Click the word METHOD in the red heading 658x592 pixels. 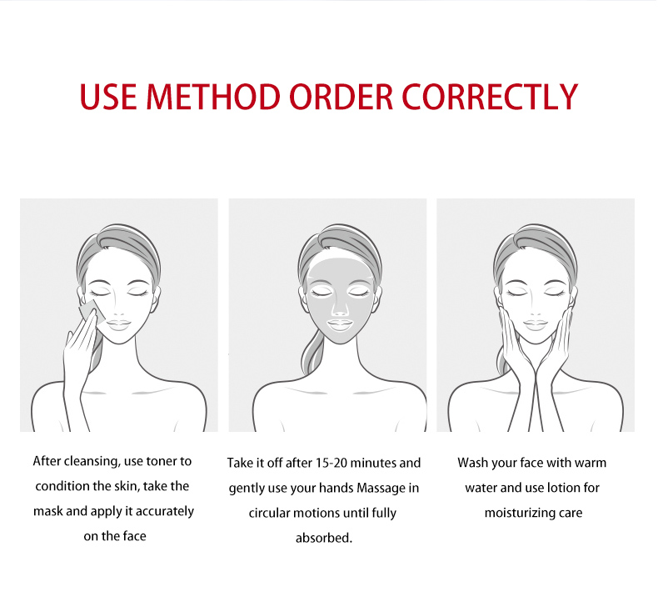tap(213, 97)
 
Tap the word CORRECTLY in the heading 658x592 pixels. tap(490, 97)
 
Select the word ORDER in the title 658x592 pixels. tap(341, 97)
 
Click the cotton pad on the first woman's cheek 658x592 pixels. tap(92, 313)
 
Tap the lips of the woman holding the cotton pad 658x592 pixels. tap(119, 324)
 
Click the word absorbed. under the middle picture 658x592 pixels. tap(324, 538)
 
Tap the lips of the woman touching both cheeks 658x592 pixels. tap(536, 324)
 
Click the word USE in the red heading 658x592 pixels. tap(107, 97)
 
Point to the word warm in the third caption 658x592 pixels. tap(591, 463)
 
